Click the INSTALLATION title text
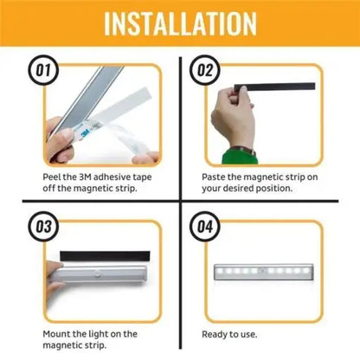179,23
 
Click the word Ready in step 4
217,334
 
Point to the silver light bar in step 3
104,280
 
